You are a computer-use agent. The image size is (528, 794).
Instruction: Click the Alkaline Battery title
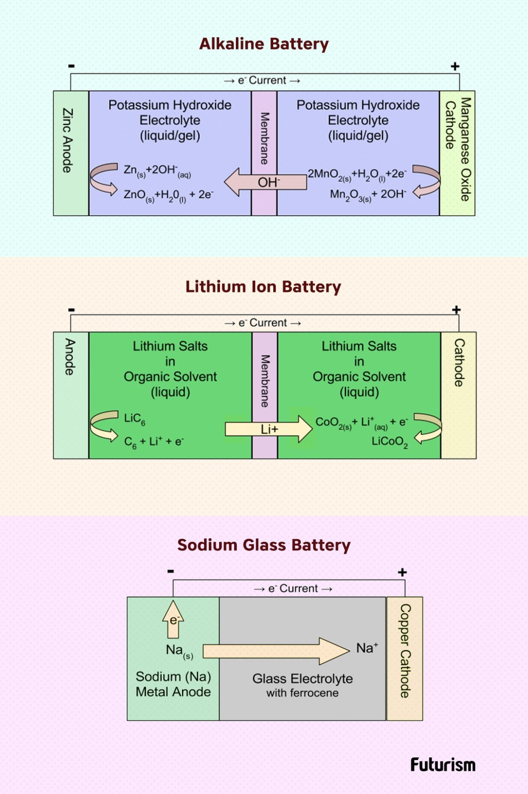click(x=264, y=44)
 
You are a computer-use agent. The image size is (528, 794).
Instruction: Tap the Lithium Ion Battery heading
click(x=263, y=287)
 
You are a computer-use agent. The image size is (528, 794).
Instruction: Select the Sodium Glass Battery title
click(x=264, y=545)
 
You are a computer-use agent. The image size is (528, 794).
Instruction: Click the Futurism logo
click(x=443, y=765)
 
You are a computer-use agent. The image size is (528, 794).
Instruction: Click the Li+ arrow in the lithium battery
click(x=269, y=429)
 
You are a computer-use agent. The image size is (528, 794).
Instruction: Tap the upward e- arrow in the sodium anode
click(x=173, y=620)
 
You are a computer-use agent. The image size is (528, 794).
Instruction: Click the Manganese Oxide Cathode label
click(x=458, y=149)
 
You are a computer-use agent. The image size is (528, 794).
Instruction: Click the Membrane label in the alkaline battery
click(x=264, y=138)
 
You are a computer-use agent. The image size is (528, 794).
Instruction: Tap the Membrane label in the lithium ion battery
click(x=265, y=381)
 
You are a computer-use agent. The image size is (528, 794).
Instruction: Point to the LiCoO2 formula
click(x=389, y=442)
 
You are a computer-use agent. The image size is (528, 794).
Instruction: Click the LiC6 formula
click(x=135, y=418)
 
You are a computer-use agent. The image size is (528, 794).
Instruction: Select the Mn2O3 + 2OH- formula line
click(x=368, y=195)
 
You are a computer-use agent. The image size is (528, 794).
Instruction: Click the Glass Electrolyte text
click(x=303, y=679)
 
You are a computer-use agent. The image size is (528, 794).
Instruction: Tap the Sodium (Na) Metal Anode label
click(x=173, y=684)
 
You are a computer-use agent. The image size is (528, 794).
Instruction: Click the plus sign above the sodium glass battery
click(x=402, y=572)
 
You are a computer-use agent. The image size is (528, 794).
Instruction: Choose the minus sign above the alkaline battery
click(x=72, y=66)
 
